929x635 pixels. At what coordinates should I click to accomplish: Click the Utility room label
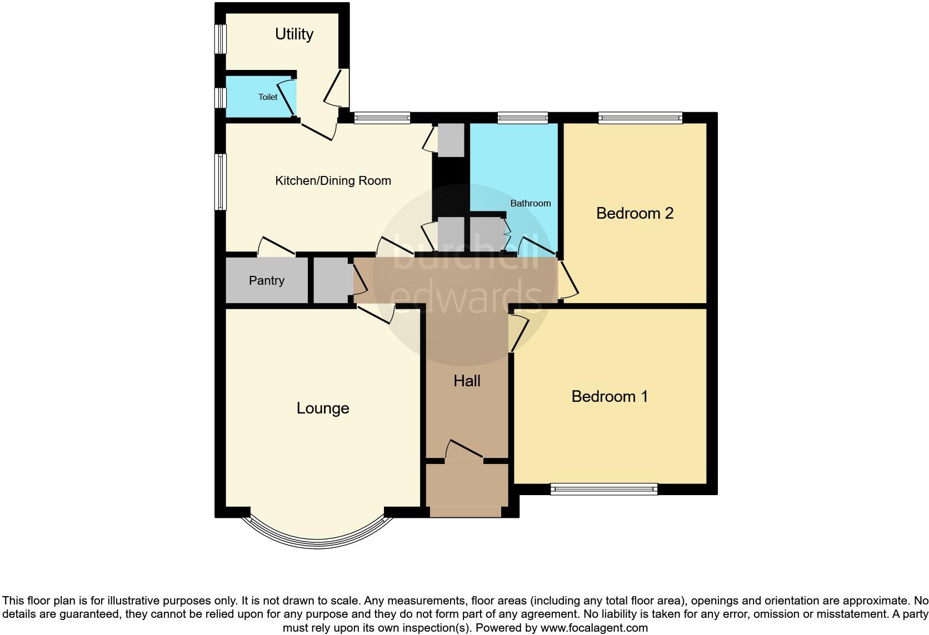click(294, 34)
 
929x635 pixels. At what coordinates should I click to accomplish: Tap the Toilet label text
click(268, 97)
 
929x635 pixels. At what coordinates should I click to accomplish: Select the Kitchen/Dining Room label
click(333, 181)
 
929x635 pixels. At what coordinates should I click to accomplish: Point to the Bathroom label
click(531, 204)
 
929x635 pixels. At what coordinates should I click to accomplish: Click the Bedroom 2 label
click(635, 214)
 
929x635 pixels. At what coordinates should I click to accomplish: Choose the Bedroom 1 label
click(610, 397)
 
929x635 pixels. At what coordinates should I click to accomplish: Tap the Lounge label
click(323, 409)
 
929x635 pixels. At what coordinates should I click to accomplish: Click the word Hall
click(467, 381)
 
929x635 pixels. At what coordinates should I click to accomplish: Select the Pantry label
click(267, 281)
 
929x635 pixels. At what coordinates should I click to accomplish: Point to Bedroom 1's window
click(604, 489)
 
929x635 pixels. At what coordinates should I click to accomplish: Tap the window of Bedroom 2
click(640, 118)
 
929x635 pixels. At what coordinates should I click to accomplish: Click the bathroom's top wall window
click(522, 118)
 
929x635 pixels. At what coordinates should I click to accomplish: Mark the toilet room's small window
click(221, 98)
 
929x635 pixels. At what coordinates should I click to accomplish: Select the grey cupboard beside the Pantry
click(331, 281)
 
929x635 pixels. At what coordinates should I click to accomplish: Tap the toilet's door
click(286, 98)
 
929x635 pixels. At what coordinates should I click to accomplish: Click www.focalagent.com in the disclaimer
click(594, 628)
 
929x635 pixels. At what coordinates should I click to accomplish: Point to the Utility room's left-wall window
click(221, 39)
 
